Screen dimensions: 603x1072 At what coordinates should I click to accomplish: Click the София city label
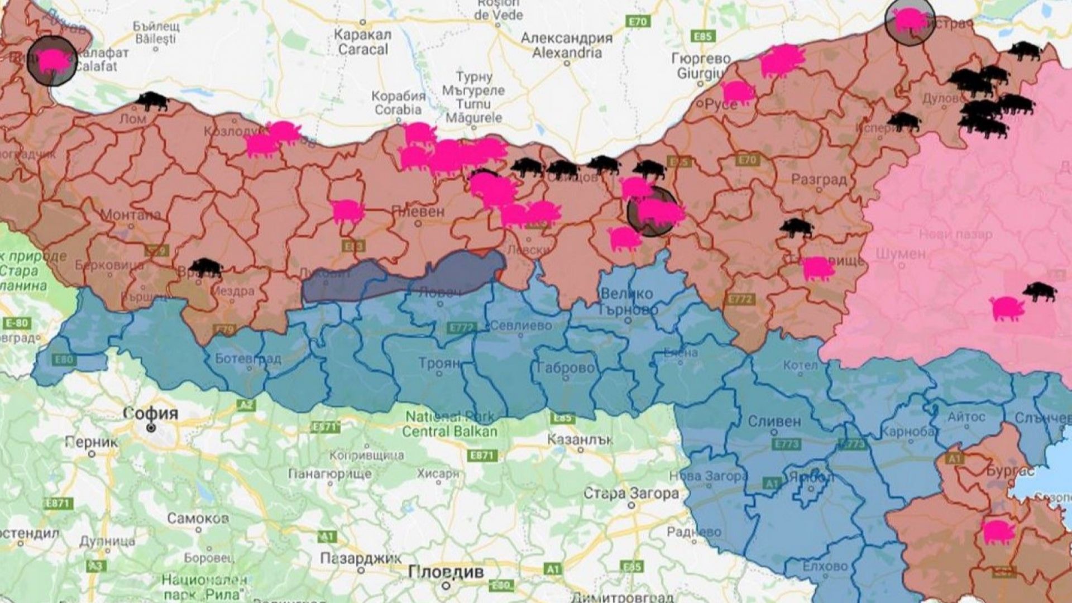(151, 414)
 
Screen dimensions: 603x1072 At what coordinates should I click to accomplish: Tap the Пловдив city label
(446, 572)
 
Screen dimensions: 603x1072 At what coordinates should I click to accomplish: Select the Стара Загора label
(631, 494)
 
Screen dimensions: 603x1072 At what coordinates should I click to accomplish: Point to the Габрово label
(565, 368)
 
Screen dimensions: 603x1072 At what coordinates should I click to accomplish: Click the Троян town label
(439, 363)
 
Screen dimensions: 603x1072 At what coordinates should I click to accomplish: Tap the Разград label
(819, 180)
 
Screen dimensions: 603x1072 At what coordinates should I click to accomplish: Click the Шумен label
(900, 253)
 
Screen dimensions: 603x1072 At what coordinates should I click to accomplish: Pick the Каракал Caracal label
(362, 41)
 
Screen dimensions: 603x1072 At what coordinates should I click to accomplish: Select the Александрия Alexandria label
(566, 45)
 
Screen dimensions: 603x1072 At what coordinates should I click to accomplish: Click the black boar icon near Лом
(152, 101)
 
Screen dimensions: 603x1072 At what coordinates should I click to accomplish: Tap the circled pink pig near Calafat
(52, 60)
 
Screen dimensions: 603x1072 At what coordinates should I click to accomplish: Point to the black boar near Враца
(205, 267)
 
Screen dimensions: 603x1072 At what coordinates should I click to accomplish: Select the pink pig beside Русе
(737, 92)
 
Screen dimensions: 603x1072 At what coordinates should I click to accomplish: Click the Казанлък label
(580, 439)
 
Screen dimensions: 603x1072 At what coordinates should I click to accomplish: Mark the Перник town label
(92, 442)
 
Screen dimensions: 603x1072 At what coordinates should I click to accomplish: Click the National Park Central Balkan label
(449, 424)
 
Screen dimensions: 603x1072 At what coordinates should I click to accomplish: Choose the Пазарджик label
(360, 558)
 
